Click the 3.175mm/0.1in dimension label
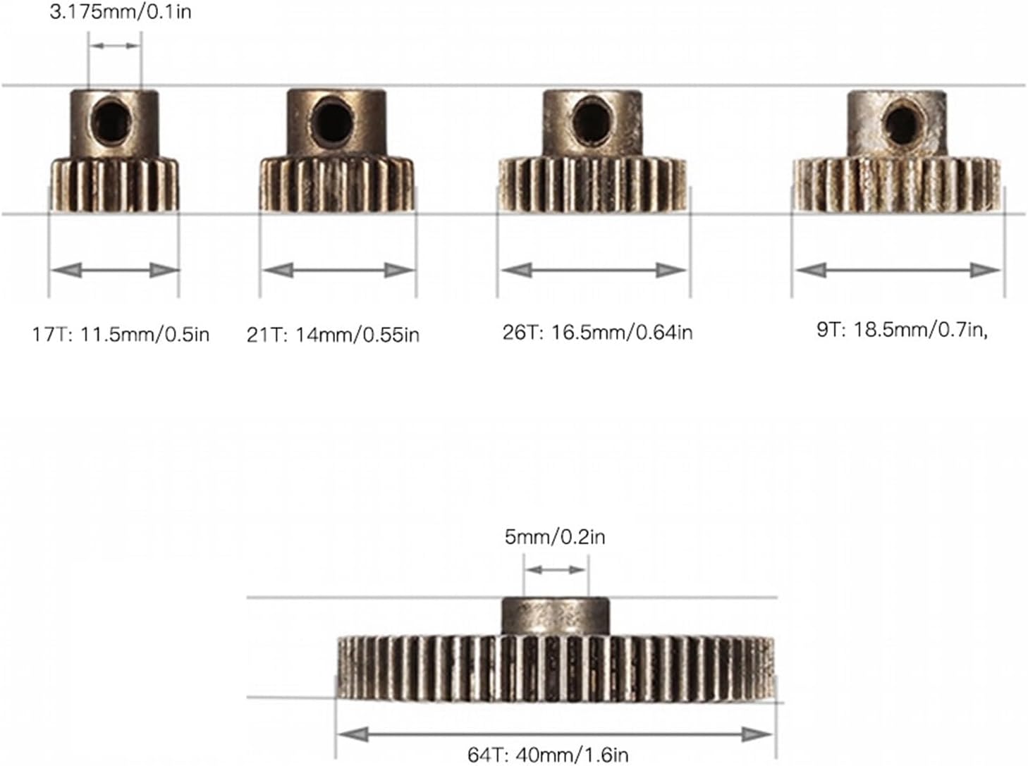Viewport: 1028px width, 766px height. [x=121, y=12]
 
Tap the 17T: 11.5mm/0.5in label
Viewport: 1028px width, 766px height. [x=121, y=335]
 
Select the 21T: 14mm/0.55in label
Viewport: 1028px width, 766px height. [x=333, y=335]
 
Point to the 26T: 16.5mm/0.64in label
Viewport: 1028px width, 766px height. [x=597, y=332]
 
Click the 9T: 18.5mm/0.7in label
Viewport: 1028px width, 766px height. [x=902, y=330]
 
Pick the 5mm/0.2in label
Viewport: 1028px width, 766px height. [x=555, y=537]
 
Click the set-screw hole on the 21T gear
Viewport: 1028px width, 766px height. [x=331, y=122]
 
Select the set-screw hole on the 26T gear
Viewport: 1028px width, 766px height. [x=591, y=122]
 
